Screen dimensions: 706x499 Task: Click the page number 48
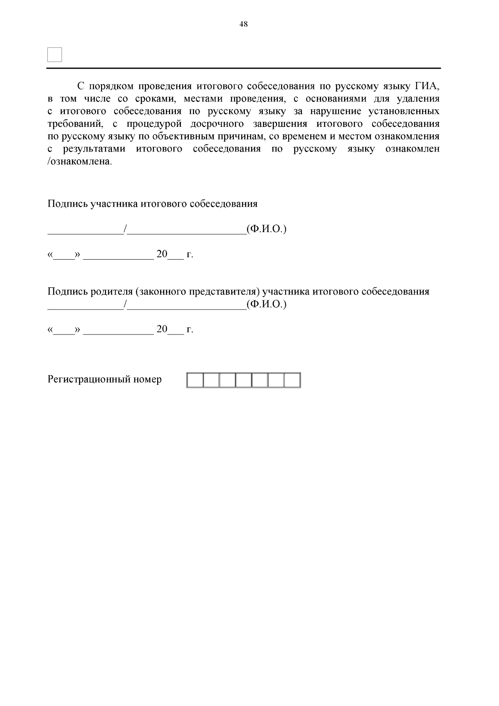pyautogui.click(x=244, y=25)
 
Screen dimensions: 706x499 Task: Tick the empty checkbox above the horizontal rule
pyautogui.click(x=55, y=54)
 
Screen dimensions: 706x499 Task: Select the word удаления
pyautogui.click(x=418, y=99)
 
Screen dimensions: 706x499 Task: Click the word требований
pyautogui.click(x=74, y=124)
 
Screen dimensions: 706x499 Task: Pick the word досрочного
pyautogui.click(x=217, y=124)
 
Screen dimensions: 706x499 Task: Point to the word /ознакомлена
pyautogui.click(x=79, y=161)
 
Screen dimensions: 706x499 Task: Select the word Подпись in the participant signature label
pyautogui.click(x=68, y=204)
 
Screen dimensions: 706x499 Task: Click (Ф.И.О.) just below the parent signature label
pyautogui.click(x=267, y=304)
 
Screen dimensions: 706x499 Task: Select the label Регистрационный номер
pyautogui.click(x=105, y=379)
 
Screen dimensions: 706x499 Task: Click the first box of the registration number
pyautogui.click(x=195, y=380)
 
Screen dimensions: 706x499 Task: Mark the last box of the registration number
pyautogui.click(x=292, y=380)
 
